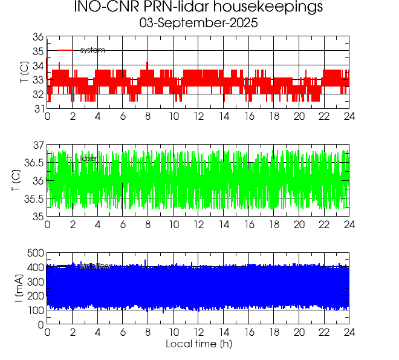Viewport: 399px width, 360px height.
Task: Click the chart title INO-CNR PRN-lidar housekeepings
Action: pos(198,8)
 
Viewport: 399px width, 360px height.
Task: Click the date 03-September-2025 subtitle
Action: pos(198,24)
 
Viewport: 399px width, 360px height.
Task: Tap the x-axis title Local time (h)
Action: pos(199,344)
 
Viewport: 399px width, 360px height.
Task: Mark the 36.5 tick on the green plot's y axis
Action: pos(33,163)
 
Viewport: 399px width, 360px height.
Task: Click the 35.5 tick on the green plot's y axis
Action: pos(33,199)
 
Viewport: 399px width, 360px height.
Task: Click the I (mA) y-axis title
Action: pos(19,289)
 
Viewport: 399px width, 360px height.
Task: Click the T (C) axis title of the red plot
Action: pos(22,73)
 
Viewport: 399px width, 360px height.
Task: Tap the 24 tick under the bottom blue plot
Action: pos(349,333)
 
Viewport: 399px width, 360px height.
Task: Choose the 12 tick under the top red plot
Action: pos(198,117)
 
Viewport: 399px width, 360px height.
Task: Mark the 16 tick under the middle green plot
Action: pos(249,225)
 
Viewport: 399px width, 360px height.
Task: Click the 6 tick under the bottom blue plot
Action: pos(123,333)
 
